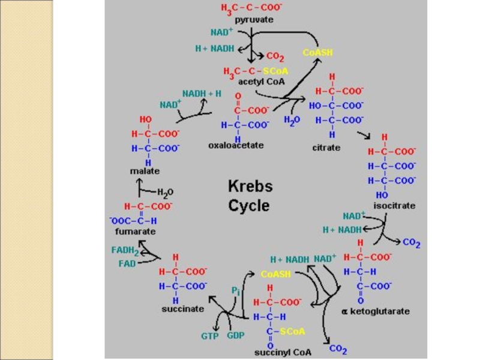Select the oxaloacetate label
[x=236, y=145]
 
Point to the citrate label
[x=326, y=147]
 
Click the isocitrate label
[x=394, y=205]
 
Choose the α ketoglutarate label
[x=376, y=311]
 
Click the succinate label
[x=182, y=309]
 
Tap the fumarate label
[x=136, y=231]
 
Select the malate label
[x=145, y=171]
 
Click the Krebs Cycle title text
[x=250, y=196]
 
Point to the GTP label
[x=209, y=335]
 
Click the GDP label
[x=236, y=335]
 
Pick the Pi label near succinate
[x=235, y=290]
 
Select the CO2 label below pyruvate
[x=275, y=56]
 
